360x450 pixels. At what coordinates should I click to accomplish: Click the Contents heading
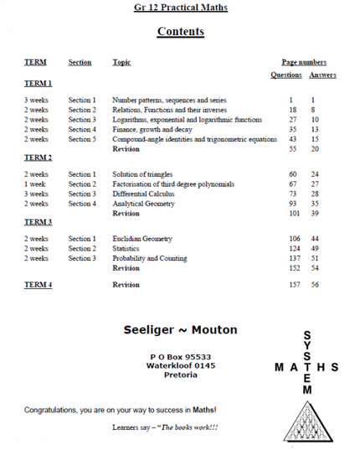click(x=180, y=33)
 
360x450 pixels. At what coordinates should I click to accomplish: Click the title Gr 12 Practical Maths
click(x=180, y=8)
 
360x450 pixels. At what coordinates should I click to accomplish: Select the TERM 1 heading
click(x=38, y=84)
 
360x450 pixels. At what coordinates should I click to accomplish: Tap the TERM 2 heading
click(x=38, y=157)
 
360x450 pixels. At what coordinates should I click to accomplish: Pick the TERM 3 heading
click(x=38, y=221)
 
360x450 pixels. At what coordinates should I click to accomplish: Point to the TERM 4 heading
click(x=38, y=285)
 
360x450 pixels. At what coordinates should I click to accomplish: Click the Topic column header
click(x=121, y=62)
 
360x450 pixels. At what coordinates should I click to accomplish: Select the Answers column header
click(x=322, y=75)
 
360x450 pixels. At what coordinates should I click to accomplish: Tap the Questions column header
click(x=287, y=75)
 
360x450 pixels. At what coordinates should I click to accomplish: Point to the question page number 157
click(x=294, y=285)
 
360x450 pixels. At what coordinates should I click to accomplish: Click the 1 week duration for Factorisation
click(x=34, y=184)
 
